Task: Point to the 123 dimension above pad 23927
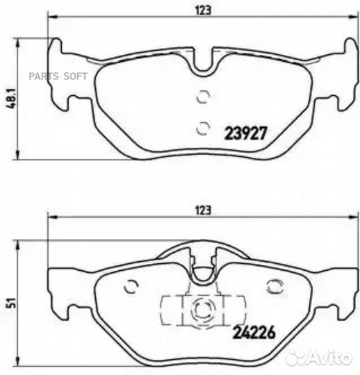[202, 10]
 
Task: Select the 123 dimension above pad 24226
[202, 208]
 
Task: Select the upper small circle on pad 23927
[202, 98]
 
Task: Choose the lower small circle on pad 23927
[202, 127]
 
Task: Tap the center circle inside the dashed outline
[202, 309]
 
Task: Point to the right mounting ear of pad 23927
[341, 76]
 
